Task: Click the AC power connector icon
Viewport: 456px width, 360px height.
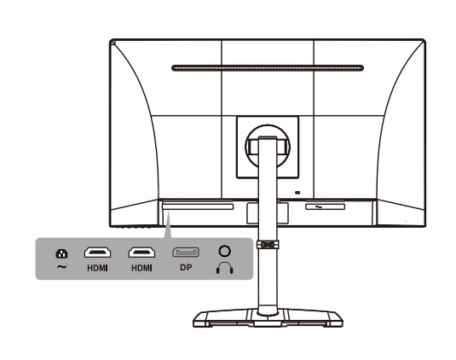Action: tap(61, 253)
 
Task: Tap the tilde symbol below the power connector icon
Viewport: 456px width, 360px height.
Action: tap(61, 266)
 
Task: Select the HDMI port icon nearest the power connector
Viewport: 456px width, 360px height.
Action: tap(97, 253)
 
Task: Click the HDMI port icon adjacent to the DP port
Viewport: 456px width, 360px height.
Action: tap(141, 253)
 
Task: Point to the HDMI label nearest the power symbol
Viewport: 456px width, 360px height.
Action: tap(97, 268)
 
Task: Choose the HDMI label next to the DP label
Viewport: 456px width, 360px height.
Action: tap(141, 268)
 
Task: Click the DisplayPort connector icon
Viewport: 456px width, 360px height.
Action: tap(186, 253)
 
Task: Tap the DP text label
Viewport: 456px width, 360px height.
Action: tap(186, 268)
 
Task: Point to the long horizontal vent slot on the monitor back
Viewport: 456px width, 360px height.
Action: tap(268, 68)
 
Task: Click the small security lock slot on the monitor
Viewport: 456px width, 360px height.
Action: tap(297, 193)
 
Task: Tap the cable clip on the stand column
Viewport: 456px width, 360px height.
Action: tap(268, 245)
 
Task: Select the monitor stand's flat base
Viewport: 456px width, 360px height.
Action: tap(268, 319)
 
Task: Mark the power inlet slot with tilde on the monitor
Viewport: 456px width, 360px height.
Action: tap(325, 207)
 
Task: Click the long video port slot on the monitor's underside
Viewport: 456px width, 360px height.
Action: tap(198, 207)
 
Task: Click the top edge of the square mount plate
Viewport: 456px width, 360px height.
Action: tap(268, 116)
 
